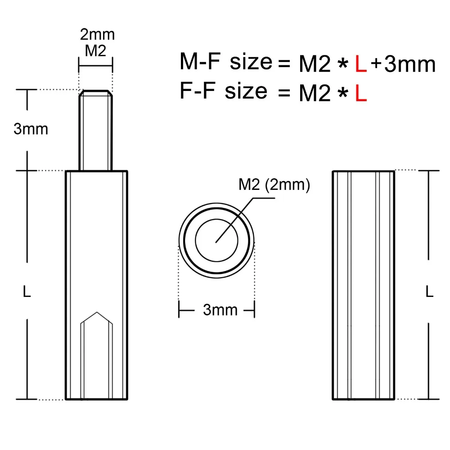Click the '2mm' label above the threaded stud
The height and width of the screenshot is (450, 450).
tap(97, 34)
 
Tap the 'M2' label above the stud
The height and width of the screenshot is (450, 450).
tap(95, 51)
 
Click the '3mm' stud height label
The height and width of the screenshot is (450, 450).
tap(31, 129)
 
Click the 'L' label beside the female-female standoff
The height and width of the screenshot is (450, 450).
tap(429, 293)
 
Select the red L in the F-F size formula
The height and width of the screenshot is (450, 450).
tap(361, 94)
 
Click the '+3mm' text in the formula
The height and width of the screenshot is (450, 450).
tap(403, 64)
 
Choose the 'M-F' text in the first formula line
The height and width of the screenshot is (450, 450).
tap(200, 62)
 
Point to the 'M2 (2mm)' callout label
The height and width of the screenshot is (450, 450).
tap(274, 185)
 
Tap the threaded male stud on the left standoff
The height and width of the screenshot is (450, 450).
tap(95, 130)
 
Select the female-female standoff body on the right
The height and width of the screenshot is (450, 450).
tap(364, 285)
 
